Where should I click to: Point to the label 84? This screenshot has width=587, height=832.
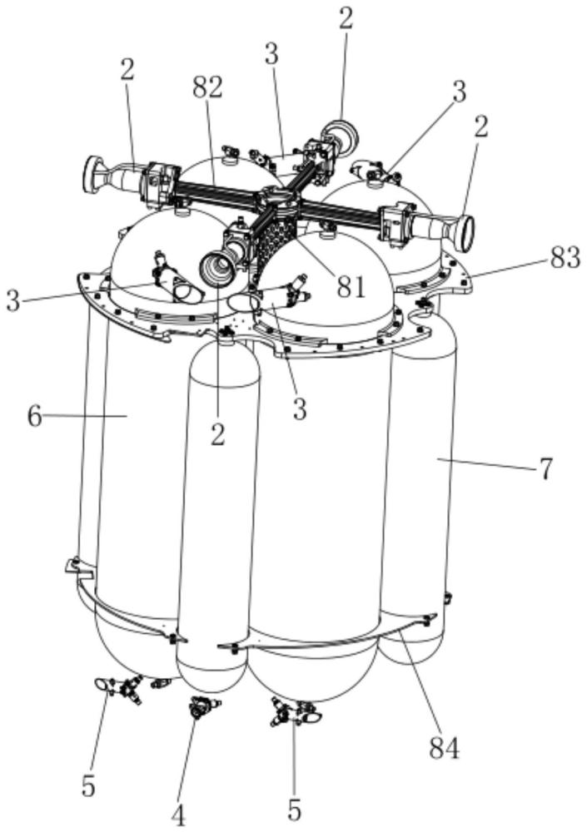click(443, 748)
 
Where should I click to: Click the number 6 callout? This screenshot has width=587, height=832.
click(34, 415)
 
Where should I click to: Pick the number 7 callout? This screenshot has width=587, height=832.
click(545, 468)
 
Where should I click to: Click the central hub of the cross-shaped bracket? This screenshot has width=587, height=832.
click(278, 201)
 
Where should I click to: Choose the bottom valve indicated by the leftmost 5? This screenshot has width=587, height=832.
click(125, 688)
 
